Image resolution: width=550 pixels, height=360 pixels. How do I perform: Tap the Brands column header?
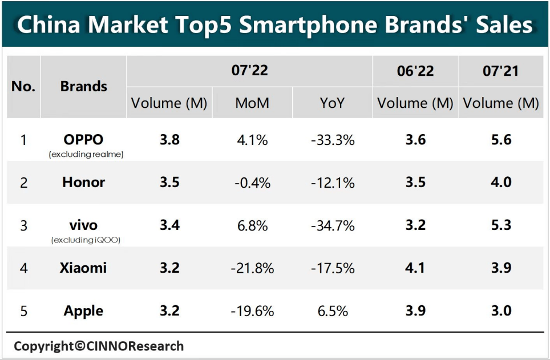pyautogui.click(x=83, y=87)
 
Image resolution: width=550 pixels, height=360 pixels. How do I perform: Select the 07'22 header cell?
pyautogui.click(x=249, y=71)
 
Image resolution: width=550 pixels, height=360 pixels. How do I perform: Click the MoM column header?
pyautogui.click(x=252, y=103)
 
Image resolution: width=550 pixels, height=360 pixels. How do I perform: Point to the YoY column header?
pyautogui.click(x=333, y=103)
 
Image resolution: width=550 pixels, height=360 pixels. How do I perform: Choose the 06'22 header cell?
pyautogui.click(x=415, y=71)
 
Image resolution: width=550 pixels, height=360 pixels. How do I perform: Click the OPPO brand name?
pyautogui.click(x=83, y=139)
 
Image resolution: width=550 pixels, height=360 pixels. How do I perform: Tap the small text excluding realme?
pyautogui.click(x=86, y=154)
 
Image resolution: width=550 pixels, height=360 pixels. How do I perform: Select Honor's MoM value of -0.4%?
pyautogui.click(x=252, y=183)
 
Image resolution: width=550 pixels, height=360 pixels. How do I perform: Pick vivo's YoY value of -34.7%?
pyautogui.click(x=333, y=225)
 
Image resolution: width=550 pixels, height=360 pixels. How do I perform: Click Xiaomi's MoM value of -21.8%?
pyautogui.click(x=252, y=268)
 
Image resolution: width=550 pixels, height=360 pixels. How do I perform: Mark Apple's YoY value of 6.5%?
pyautogui.click(x=333, y=311)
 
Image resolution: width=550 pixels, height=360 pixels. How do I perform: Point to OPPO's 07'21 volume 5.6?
pyautogui.click(x=500, y=140)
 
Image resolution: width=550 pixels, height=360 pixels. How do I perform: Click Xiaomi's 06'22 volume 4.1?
pyautogui.click(x=415, y=268)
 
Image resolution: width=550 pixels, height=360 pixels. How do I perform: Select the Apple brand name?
pyautogui.click(x=83, y=311)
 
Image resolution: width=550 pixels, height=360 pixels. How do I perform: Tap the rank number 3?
pyautogui.click(x=23, y=225)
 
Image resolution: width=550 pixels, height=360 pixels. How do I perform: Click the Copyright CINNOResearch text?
pyautogui.click(x=99, y=346)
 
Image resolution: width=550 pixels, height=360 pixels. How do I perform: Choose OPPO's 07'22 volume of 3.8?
pyautogui.click(x=169, y=140)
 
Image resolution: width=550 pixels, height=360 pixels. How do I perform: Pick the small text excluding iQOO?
pyautogui.click(x=86, y=240)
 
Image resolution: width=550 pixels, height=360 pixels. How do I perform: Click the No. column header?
pyautogui.click(x=23, y=87)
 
